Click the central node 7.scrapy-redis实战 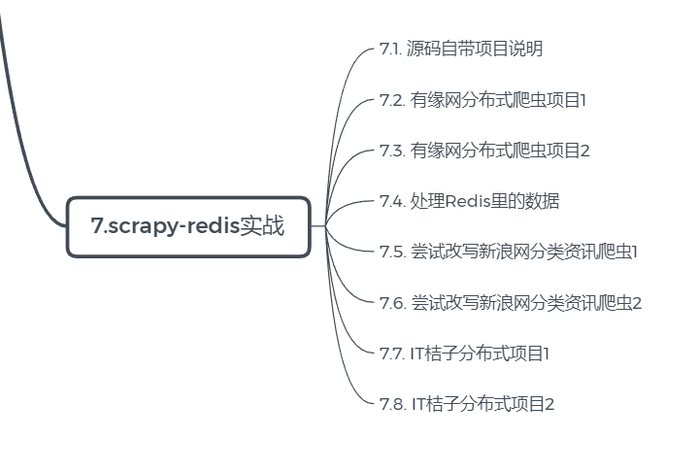tap(188, 226)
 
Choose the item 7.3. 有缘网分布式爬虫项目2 tap(484, 150)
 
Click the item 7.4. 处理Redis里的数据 tap(469, 201)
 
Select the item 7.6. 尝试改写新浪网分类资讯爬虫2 tap(511, 302)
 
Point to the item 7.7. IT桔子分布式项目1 tap(465, 353)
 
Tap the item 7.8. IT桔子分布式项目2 tap(467, 403)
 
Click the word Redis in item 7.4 tap(469, 201)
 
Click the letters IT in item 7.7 tap(418, 353)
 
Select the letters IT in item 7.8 tap(418, 403)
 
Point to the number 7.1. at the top tap(391, 49)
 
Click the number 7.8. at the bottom tap(392, 403)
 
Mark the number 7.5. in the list tap(392, 252)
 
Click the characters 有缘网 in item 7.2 tap(434, 99)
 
